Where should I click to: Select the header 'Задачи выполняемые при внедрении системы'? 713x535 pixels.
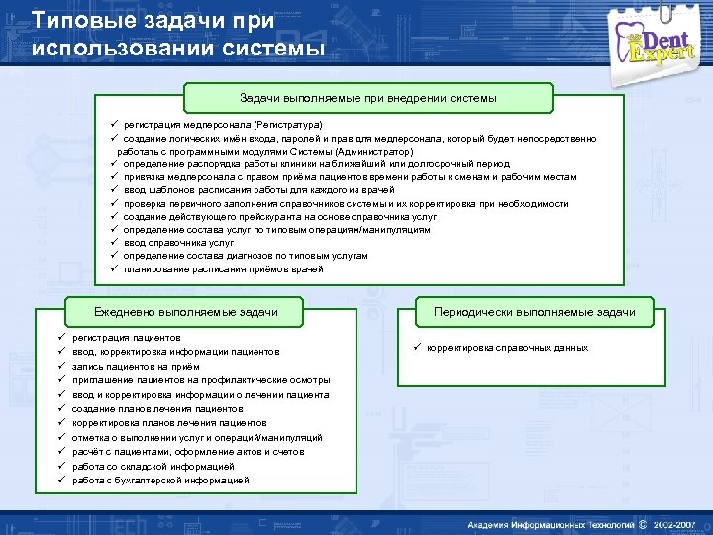[367, 98]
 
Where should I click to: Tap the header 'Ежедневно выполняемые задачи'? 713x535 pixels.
[185, 312]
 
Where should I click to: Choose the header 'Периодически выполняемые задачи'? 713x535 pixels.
[534, 312]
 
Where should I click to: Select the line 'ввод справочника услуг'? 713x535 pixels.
[178, 242]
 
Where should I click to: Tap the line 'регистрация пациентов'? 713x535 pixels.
[127, 338]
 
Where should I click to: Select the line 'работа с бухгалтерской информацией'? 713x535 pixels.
[160, 481]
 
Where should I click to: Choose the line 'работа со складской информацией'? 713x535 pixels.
[153, 466]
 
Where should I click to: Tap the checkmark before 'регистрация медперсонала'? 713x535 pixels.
[115, 126]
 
